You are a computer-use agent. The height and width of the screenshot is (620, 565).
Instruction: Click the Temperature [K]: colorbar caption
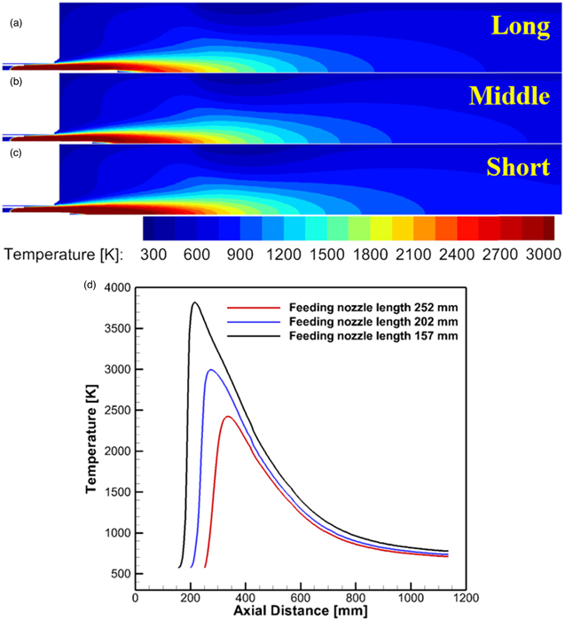pos(63,254)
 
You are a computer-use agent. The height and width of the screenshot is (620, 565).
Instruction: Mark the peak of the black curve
pos(194,303)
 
